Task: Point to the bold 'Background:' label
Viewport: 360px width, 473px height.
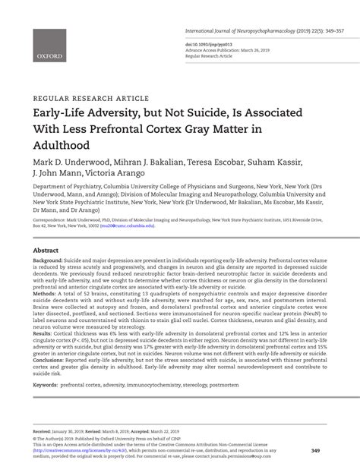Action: [x=48, y=260]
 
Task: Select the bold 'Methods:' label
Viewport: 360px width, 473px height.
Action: [x=45, y=293]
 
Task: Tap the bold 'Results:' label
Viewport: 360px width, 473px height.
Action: [x=43, y=333]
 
